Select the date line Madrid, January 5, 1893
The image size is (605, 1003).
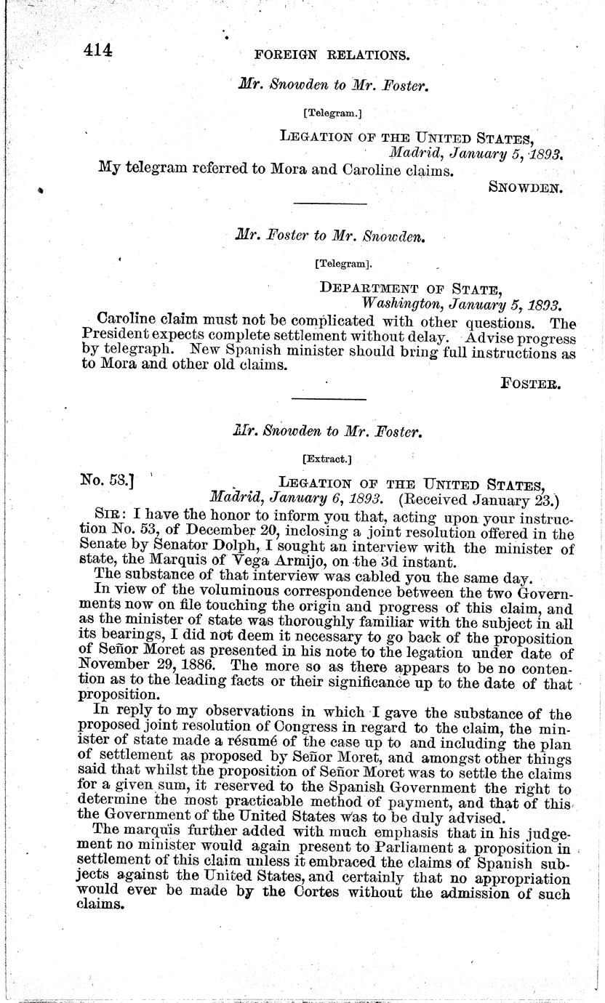pyautogui.click(x=476, y=153)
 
